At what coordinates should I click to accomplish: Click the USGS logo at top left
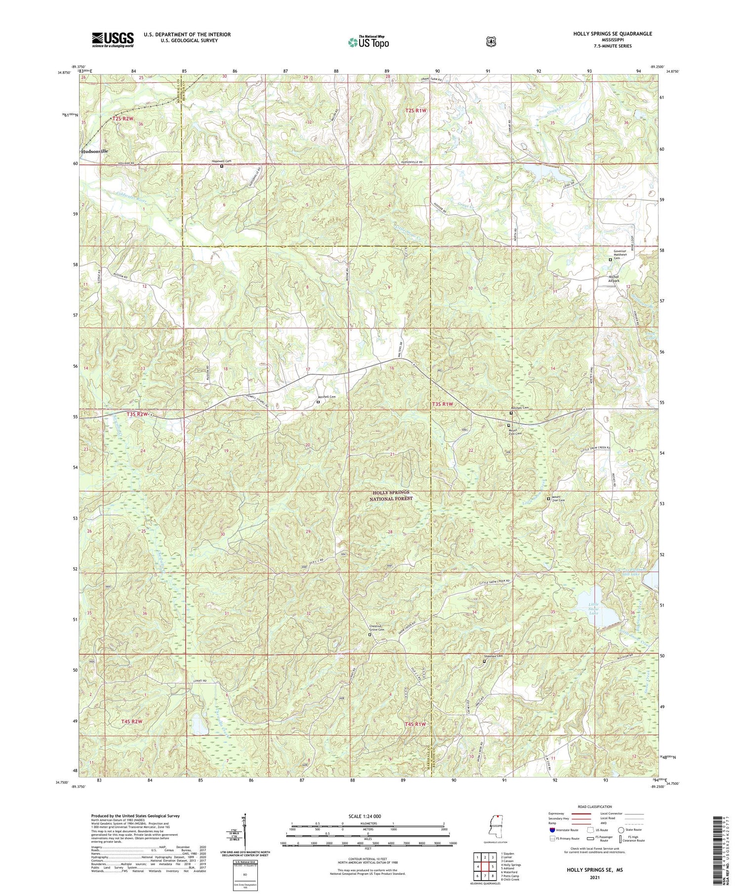point(113,40)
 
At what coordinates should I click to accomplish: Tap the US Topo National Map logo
point(368,43)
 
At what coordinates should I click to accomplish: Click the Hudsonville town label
point(95,151)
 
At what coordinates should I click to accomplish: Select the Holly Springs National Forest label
point(390,496)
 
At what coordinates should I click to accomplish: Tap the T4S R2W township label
point(132,722)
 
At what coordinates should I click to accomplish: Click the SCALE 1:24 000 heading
point(368,816)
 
